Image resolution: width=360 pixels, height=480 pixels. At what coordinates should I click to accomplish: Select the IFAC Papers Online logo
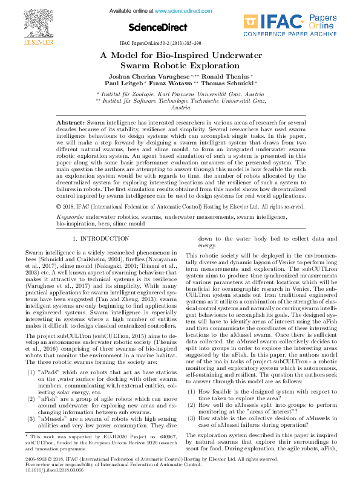pyautogui.click(x=290, y=26)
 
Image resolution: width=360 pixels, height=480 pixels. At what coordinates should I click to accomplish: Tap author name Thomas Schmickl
pyautogui.click(x=231, y=84)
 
